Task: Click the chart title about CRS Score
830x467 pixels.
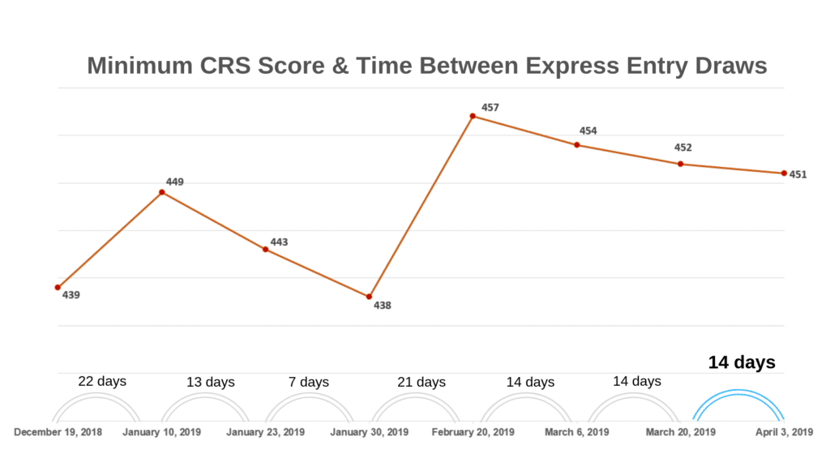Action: pos(427,66)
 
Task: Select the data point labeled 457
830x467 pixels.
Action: pos(473,117)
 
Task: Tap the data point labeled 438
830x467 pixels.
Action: pos(370,297)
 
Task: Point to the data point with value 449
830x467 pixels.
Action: pos(162,192)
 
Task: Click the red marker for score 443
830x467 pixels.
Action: pos(266,250)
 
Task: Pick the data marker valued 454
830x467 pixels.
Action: pos(577,145)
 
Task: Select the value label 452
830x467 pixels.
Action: pos(683,148)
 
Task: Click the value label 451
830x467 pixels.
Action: pos(798,174)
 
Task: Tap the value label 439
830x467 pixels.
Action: pos(71,295)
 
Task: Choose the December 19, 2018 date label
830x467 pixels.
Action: pos(58,432)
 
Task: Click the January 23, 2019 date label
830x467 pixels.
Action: pos(266,432)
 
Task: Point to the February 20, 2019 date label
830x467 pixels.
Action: pos(473,432)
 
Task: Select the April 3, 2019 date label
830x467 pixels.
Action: pos(784,432)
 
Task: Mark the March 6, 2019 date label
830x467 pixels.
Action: pos(577,432)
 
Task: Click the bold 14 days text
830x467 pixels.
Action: pos(742,362)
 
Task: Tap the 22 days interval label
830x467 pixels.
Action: pos(102,381)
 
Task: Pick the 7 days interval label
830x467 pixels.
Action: pos(310,382)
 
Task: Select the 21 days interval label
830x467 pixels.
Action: pos(421,382)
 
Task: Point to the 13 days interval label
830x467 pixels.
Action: pos(210,382)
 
